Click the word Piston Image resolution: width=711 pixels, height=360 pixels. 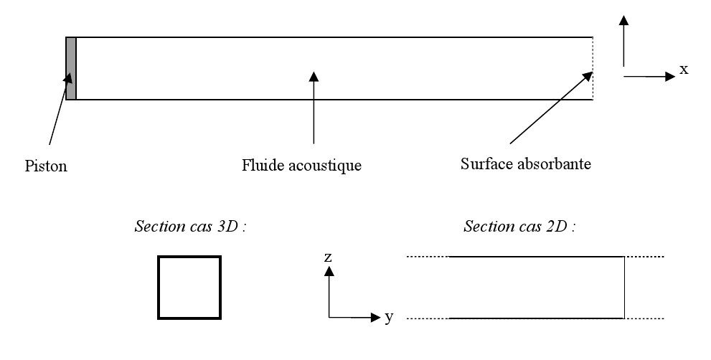(46, 166)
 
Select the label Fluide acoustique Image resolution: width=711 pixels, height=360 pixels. (301, 166)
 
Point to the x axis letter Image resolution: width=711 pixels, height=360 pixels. (684, 70)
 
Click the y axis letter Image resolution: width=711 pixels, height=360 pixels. (388, 317)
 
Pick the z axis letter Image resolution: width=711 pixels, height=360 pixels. (328, 256)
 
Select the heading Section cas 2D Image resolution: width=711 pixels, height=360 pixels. (520, 227)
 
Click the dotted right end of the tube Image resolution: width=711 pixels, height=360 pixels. (593, 68)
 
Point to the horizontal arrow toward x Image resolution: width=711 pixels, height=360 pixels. (649, 77)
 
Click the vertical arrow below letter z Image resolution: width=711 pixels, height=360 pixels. (329, 291)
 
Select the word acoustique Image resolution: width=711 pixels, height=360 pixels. (327, 166)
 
